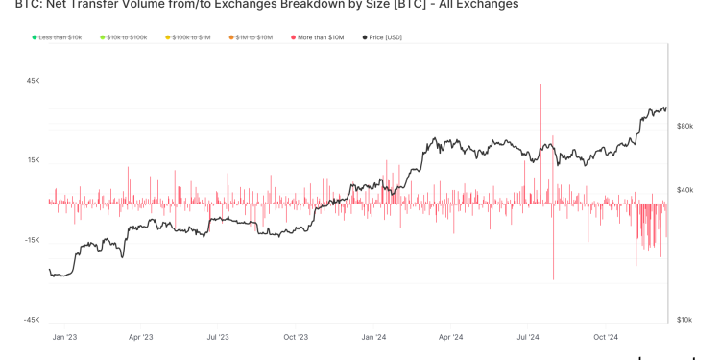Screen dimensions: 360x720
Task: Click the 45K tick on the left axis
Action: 33,81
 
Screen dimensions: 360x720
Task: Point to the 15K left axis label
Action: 33,160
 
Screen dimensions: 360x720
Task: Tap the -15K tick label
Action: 32,240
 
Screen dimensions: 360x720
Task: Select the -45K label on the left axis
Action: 32,320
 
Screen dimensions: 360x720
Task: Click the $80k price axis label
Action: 685,126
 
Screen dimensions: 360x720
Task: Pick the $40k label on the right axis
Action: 685,190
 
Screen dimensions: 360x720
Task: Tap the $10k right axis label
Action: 685,320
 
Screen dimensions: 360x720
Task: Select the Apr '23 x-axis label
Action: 140,337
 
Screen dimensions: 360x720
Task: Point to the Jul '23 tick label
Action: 218,337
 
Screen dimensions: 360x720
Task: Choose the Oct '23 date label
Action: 296,337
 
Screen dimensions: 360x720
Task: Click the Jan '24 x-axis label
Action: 374,337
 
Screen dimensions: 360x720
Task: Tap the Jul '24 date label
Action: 529,337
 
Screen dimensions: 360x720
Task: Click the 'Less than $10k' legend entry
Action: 60,37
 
